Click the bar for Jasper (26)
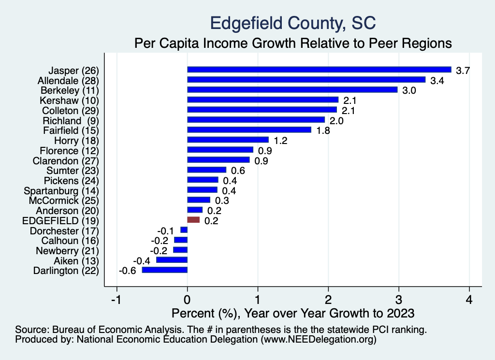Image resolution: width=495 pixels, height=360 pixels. pyautogui.click(x=319, y=70)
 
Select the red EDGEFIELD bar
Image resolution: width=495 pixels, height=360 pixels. pyautogui.click(x=193, y=220)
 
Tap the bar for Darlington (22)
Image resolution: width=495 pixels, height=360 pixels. pyautogui.click(x=164, y=270)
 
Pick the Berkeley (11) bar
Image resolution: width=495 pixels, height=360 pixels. pyautogui.click(x=292, y=90)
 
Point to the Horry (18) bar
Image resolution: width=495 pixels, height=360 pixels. pyautogui.click(x=228, y=140)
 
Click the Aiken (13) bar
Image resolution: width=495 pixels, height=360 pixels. pyautogui.click(x=172, y=260)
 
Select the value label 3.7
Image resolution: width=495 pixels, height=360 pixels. pyautogui.click(x=463, y=71)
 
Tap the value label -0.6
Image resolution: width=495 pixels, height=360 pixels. pyautogui.click(x=127, y=271)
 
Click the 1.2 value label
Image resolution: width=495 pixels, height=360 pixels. pyautogui.click(x=281, y=141)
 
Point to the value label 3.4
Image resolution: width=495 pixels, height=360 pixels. pyautogui.click(x=437, y=80)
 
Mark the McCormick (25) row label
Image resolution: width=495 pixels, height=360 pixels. pyautogui.click(x=64, y=200)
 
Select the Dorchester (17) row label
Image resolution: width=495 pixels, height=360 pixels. pyautogui.click(x=64, y=230)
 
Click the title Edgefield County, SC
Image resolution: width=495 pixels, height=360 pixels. pyautogui.click(x=292, y=23)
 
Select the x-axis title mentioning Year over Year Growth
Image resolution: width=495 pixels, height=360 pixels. pyautogui.click(x=293, y=313)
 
